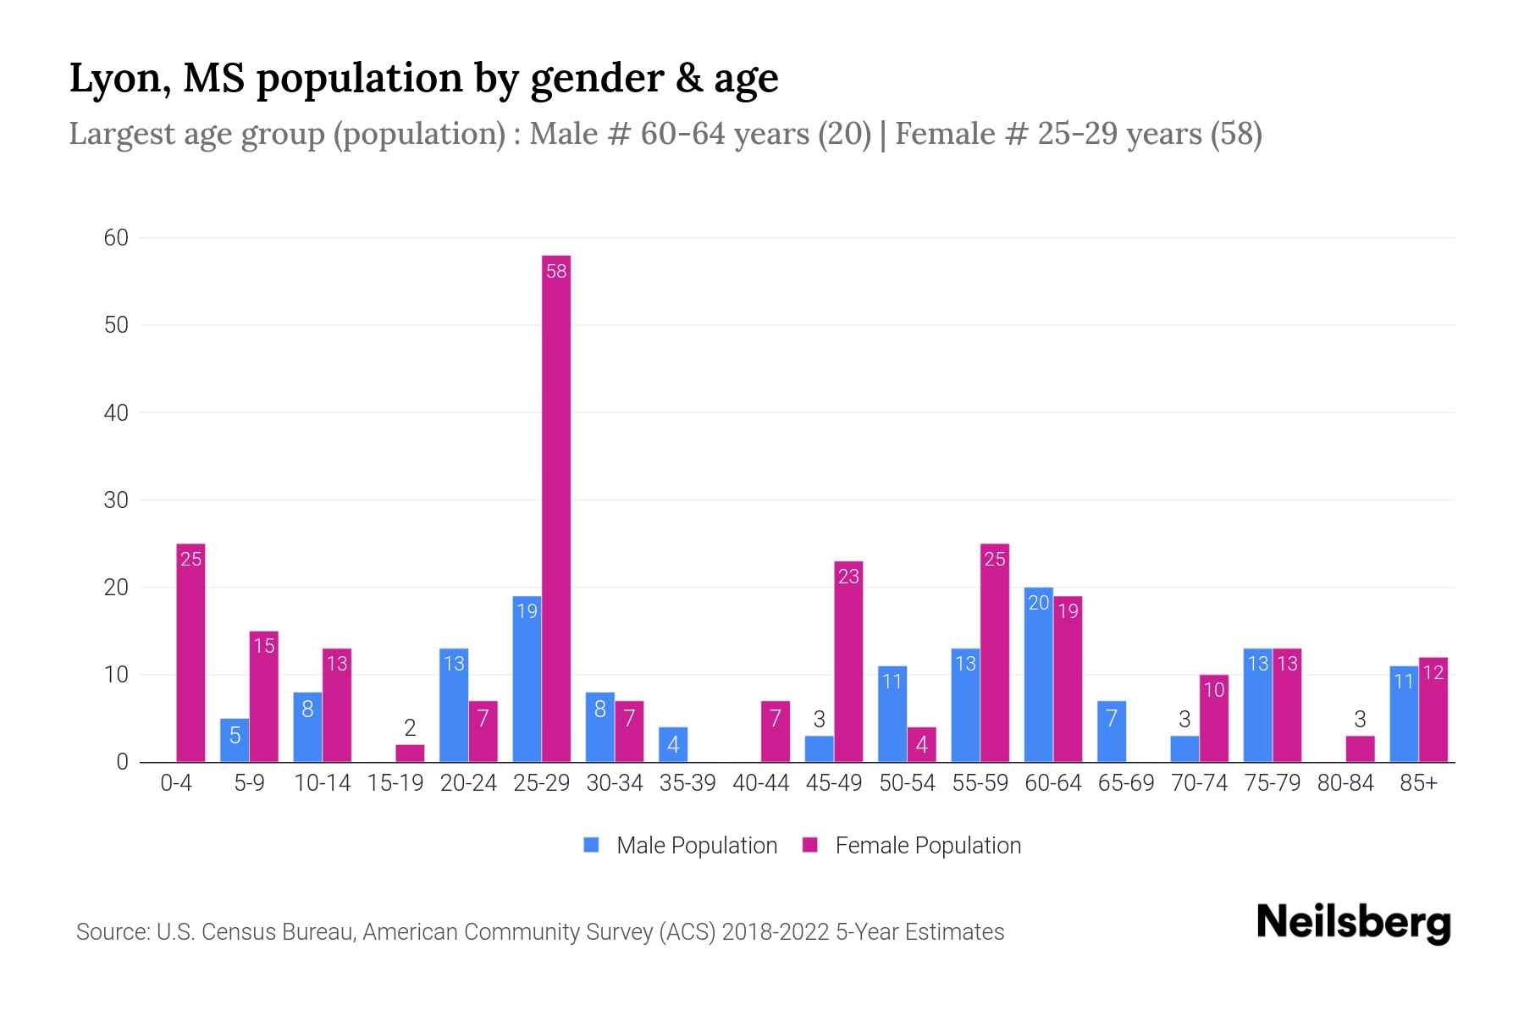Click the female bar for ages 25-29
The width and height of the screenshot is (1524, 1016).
coord(556,508)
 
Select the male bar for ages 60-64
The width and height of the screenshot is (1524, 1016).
coord(1038,675)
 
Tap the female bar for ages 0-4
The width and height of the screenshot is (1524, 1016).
coord(190,653)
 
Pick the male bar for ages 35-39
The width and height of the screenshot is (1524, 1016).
coord(673,745)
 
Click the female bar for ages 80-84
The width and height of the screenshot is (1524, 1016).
coord(1360,749)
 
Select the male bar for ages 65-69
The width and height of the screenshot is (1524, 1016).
coord(1112,732)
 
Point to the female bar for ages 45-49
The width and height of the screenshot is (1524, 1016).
coord(848,661)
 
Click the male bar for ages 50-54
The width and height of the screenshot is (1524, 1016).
coord(892,714)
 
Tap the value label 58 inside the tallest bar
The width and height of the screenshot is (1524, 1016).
coord(556,272)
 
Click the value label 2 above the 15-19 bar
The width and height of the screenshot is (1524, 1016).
coord(410,728)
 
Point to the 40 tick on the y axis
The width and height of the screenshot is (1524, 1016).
coord(116,413)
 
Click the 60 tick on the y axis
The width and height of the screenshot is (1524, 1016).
coord(116,238)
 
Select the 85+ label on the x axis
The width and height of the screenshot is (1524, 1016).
coord(1418,783)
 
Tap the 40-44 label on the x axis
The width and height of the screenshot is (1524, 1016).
coord(760,783)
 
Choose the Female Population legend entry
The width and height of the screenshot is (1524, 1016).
coord(912,845)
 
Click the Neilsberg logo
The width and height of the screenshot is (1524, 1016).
coord(1353,923)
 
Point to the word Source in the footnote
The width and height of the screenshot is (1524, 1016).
coord(111,932)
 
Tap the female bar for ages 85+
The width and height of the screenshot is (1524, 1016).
coord(1433,710)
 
